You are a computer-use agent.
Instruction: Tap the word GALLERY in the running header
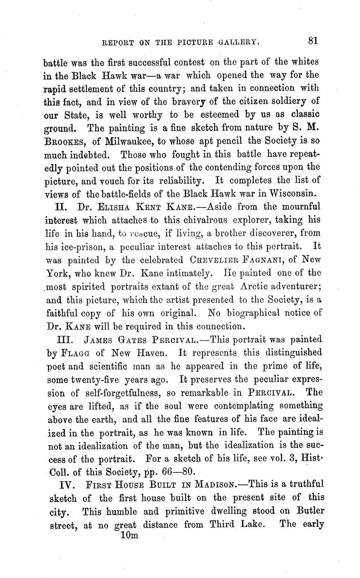(x=238, y=42)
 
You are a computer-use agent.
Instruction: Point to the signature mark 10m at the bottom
(x=129, y=535)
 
